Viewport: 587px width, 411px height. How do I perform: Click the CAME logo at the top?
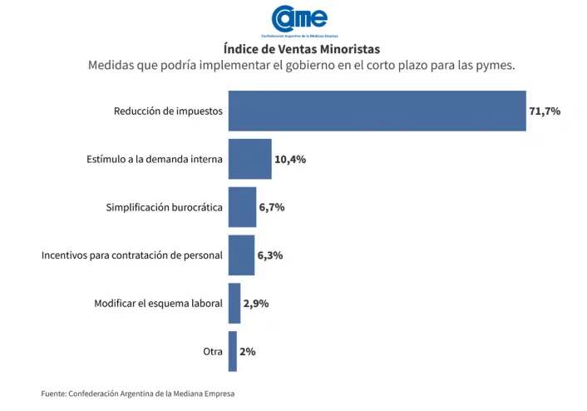[299, 20]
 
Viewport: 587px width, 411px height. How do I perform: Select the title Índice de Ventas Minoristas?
[301, 49]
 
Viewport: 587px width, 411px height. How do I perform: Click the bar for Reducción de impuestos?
[377, 111]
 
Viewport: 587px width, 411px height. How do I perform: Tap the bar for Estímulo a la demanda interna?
[250, 159]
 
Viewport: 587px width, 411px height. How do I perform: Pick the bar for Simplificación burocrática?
[242, 207]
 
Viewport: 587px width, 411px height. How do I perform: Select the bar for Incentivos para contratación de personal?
[241, 255]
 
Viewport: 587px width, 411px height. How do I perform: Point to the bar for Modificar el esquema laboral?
[234, 304]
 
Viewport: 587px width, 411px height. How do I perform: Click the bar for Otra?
[233, 351]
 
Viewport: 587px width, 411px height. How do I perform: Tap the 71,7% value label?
[545, 111]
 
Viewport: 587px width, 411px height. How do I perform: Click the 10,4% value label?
[290, 159]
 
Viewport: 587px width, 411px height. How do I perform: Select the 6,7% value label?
[272, 207]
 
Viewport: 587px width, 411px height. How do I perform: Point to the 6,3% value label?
[270, 255]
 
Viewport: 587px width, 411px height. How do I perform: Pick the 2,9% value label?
[255, 304]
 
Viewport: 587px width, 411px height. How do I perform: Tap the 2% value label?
[247, 352]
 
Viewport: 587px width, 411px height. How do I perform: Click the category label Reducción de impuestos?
[168, 111]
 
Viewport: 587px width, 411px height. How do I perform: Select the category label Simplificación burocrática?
[164, 207]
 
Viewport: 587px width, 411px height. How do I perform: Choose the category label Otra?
[212, 352]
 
